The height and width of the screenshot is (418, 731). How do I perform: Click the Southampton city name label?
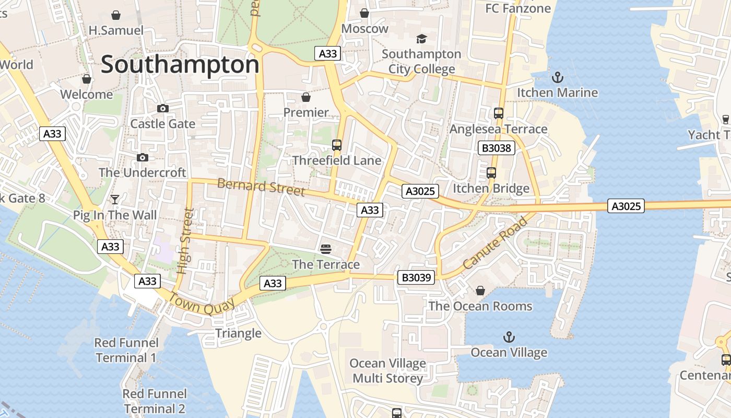click(x=180, y=65)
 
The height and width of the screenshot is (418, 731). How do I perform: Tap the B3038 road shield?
click(x=496, y=148)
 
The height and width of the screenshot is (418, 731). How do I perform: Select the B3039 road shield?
click(x=416, y=277)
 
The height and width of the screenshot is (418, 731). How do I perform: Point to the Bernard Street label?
click(x=261, y=187)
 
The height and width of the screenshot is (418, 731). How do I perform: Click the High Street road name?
click(x=185, y=241)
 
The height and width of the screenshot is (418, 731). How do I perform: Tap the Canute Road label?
click(x=496, y=243)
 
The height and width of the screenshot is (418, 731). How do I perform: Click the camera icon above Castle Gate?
click(x=163, y=108)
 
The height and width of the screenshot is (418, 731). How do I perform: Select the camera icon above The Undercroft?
click(x=142, y=157)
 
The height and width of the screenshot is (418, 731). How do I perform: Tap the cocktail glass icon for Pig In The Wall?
click(x=115, y=200)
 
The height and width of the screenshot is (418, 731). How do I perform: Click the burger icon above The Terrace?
click(x=326, y=249)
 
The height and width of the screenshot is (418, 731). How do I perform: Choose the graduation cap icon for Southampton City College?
click(x=421, y=39)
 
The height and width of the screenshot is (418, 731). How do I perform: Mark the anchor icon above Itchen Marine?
click(x=558, y=78)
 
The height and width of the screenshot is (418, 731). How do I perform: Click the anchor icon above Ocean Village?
click(x=509, y=337)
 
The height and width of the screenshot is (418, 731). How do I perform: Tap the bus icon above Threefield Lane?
click(x=337, y=145)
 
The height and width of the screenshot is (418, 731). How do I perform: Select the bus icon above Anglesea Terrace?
click(x=499, y=113)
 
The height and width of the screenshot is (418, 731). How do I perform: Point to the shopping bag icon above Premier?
click(x=306, y=97)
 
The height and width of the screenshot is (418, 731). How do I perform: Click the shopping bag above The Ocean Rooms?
click(x=480, y=291)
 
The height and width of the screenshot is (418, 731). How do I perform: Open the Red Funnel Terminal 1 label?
click(x=125, y=350)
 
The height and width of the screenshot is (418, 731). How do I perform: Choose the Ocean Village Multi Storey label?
click(x=387, y=370)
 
